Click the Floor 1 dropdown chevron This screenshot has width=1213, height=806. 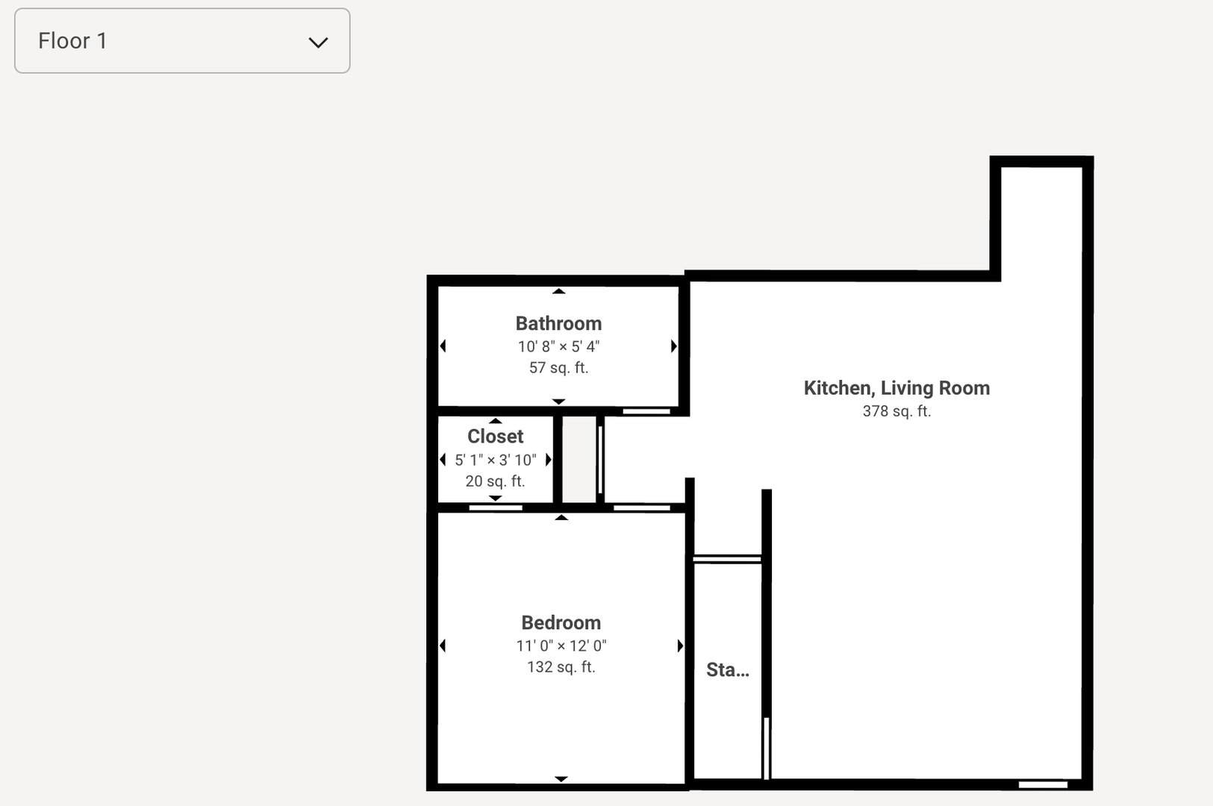coord(319,43)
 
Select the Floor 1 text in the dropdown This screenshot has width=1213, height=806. coord(72,41)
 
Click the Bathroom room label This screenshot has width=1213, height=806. coord(558,323)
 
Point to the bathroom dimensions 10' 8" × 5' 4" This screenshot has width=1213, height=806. coord(558,346)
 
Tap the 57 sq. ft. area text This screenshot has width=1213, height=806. coord(558,368)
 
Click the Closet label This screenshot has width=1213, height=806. coord(496,437)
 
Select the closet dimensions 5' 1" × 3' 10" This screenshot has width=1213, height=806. coord(496,460)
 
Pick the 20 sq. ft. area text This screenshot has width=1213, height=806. coord(496,481)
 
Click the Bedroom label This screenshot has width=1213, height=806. coord(561,622)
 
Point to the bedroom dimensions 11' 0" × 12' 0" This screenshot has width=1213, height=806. coord(561,646)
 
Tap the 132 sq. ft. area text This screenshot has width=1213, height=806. coord(561,667)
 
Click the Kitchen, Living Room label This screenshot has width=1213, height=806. coord(897,388)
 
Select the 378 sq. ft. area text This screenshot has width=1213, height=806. coord(897,411)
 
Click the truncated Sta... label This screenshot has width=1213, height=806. coord(728,670)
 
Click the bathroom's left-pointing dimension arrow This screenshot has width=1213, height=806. coord(443,346)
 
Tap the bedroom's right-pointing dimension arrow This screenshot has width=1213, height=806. coord(680,646)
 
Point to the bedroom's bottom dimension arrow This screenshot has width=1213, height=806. coord(561,779)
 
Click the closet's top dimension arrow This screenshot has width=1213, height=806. coord(496,421)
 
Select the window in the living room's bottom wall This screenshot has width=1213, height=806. coord(1043,785)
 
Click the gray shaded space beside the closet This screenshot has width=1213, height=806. coord(579,460)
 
